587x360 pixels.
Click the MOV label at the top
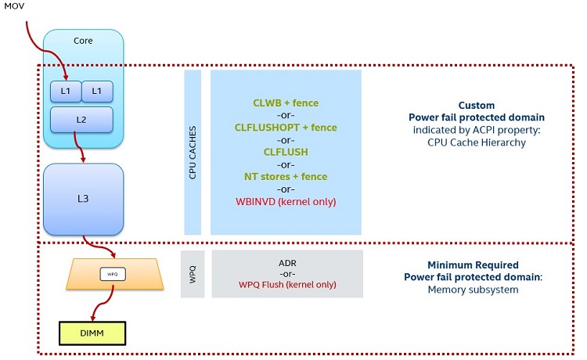click(x=15, y=7)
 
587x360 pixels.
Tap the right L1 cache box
click(x=97, y=92)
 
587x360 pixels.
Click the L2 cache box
click(x=81, y=119)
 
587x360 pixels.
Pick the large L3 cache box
click(x=83, y=199)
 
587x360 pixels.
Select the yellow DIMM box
click(x=92, y=333)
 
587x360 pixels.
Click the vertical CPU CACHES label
click(x=193, y=153)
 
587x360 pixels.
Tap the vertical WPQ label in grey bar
click(x=193, y=274)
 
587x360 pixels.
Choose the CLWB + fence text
click(x=285, y=103)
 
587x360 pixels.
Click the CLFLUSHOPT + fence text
click(x=285, y=127)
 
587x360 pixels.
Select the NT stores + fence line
click(x=285, y=176)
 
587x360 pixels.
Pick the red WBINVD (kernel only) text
click(x=285, y=201)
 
